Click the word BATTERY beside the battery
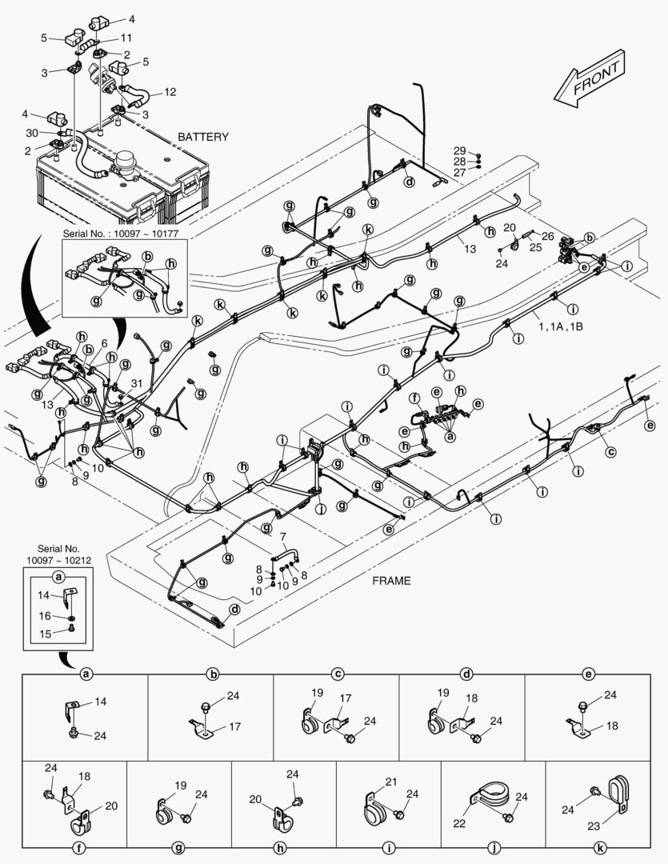(202, 137)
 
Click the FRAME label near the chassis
(391, 581)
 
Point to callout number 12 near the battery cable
(170, 92)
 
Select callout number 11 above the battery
(126, 38)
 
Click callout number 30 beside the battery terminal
(31, 133)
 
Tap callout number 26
(547, 236)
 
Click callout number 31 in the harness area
(137, 385)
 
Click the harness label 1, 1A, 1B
(560, 327)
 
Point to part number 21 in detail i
(391, 781)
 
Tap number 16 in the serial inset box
(45, 616)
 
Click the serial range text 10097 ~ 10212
(58, 560)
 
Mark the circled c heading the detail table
(338, 674)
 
